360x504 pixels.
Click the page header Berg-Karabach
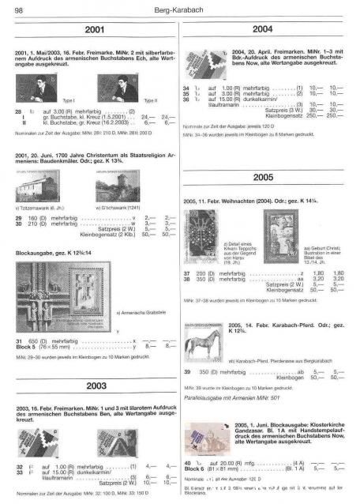pos(180,9)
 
